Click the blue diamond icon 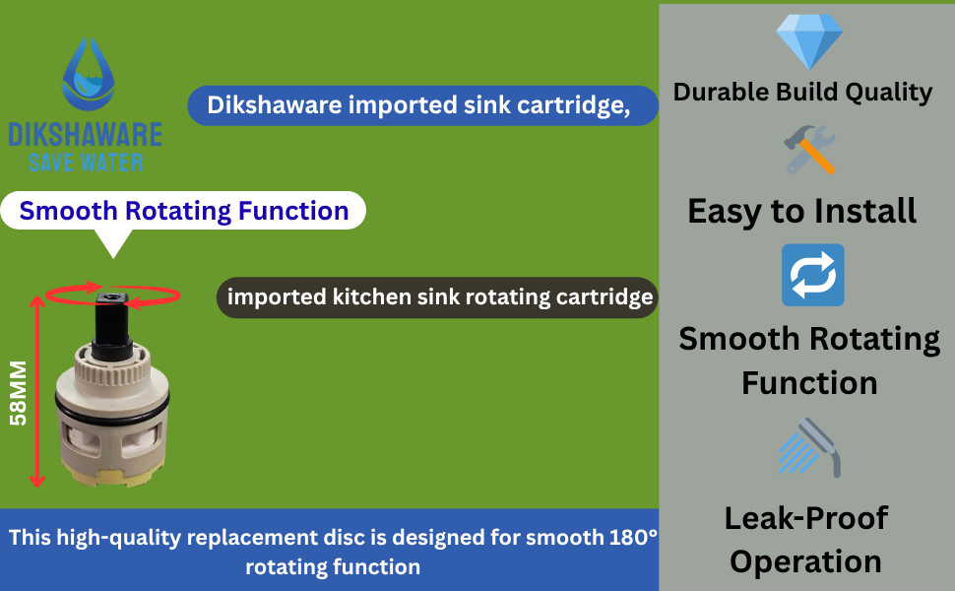(x=809, y=41)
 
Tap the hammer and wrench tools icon (x=809, y=151)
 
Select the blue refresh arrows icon (x=812, y=275)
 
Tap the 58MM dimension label (x=17, y=391)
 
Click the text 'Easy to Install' (x=801, y=210)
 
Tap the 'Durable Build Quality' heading (x=802, y=93)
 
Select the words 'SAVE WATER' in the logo (x=86, y=163)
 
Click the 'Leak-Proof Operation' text (x=805, y=540)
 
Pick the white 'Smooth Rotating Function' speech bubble (x=183, y=211)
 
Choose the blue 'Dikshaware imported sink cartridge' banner (x=421, y=105)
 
